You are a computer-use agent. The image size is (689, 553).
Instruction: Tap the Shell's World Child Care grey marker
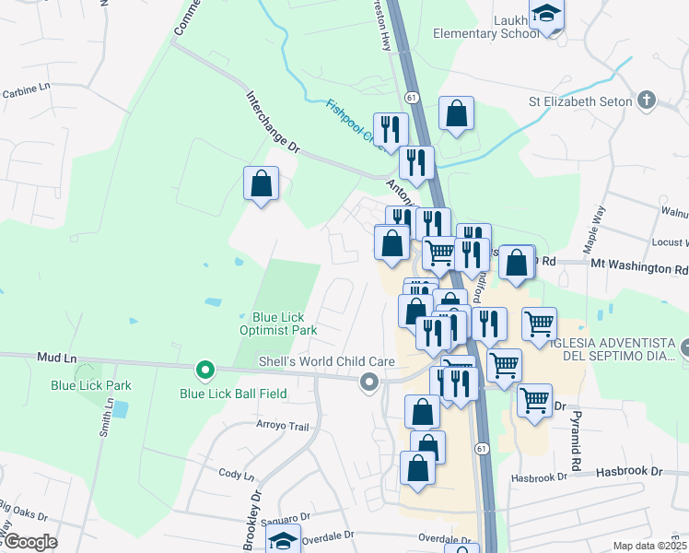370,382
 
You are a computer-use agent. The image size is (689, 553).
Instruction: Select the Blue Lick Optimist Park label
278,324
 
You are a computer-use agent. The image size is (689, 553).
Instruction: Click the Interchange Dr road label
273,121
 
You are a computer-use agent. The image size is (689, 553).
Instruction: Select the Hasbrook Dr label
629,471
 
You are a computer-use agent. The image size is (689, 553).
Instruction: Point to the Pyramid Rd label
576,441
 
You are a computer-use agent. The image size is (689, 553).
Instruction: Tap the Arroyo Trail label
282,426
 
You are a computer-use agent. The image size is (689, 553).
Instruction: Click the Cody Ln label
236,474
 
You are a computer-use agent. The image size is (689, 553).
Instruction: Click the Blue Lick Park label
91,385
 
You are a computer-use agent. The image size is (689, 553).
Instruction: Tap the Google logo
29,542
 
